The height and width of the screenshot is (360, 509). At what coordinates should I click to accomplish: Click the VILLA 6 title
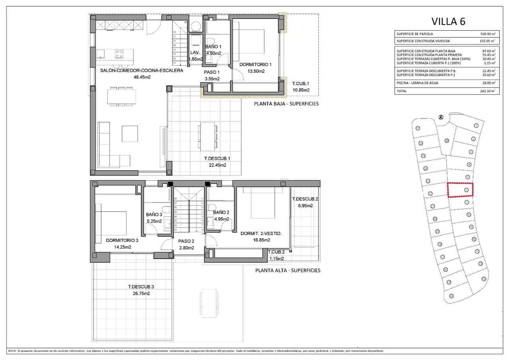(x=448, y=21)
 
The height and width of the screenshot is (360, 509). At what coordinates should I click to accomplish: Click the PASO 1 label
(x=212, y=72)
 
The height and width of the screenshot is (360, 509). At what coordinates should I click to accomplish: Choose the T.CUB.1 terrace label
(x=301, y=84)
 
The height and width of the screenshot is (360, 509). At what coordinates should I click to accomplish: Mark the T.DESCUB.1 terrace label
(x=217, y=158)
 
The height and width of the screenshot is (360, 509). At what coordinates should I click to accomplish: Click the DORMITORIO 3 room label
(x=122, y=240)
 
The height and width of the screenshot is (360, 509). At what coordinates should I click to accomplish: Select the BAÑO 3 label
(x=154, y=214)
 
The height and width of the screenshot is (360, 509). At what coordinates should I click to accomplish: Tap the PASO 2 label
(x=186, y=241)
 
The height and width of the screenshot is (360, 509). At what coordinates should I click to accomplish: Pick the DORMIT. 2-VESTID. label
(x=261, y=234)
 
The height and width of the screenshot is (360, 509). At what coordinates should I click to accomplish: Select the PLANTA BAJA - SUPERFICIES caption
(x=286, y=104)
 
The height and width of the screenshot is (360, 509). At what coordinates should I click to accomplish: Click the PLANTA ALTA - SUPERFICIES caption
(x=288, y=270)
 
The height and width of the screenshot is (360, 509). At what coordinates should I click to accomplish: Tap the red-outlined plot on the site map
(x=461, y=190)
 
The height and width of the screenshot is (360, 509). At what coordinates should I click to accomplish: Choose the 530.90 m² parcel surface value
(x=488, y=34)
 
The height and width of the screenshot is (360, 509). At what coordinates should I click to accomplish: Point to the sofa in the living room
(x=109, y=147)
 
